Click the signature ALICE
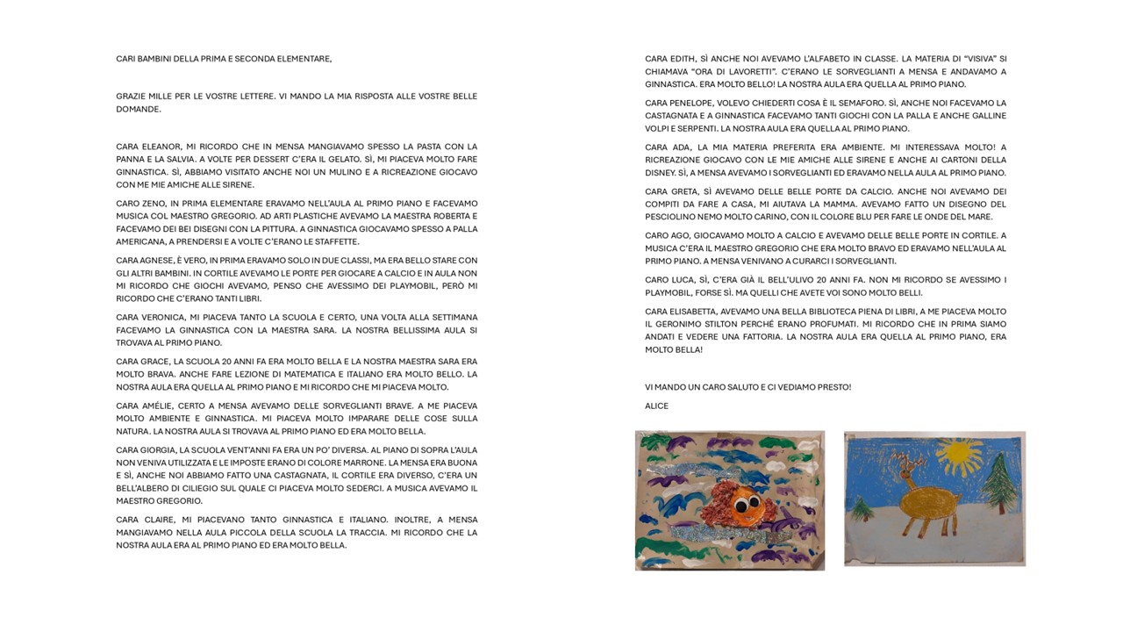(x=656, y=406)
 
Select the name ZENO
(x=154, y=204)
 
